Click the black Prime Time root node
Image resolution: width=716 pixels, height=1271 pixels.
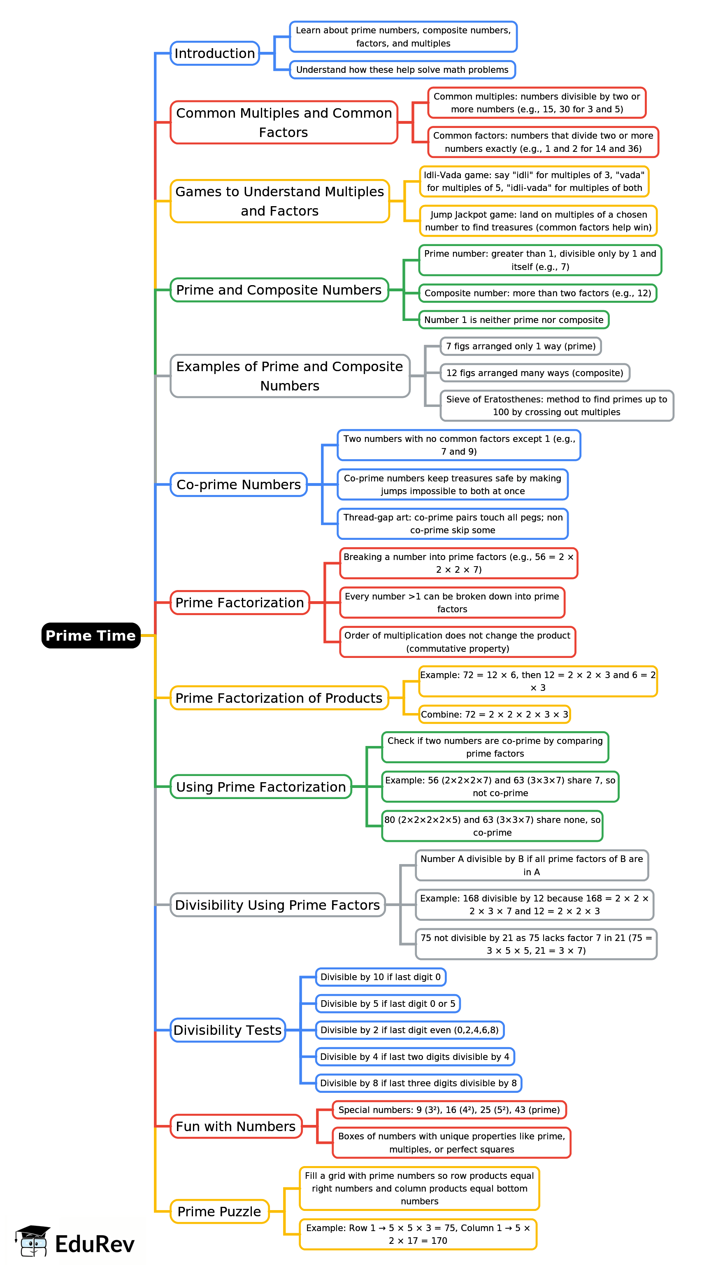pos(91,635)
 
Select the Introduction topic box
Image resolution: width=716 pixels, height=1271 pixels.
pos(215,53)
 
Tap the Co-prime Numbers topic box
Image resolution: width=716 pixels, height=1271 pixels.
pos(238,485)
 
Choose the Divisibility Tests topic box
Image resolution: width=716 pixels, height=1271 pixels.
pos(228,1030)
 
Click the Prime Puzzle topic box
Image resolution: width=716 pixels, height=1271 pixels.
pos(219,1211)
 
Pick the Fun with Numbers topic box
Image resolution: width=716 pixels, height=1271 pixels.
pos(235,1127)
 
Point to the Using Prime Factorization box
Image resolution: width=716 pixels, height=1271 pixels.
pos(260,787)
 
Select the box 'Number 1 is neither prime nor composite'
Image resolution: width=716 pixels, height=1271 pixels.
pos(513,320)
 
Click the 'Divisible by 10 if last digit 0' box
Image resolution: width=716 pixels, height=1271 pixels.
pos(381,977)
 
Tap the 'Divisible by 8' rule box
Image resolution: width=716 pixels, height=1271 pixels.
pos(418,1083)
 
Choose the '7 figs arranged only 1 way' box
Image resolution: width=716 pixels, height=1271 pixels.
pos(520,346)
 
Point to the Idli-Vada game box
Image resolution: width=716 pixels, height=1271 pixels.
pos(534,181)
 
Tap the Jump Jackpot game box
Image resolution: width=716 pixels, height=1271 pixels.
pos(538,221)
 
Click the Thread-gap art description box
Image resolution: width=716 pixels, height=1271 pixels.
pos(453,524)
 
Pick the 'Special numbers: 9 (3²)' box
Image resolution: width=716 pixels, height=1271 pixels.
pos(449,1110)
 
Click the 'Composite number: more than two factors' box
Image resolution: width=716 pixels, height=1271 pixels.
pos(537,293)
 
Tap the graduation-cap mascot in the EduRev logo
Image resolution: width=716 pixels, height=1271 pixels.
pos(33,1241)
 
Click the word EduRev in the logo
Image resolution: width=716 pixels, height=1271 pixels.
pos(95,1244)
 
